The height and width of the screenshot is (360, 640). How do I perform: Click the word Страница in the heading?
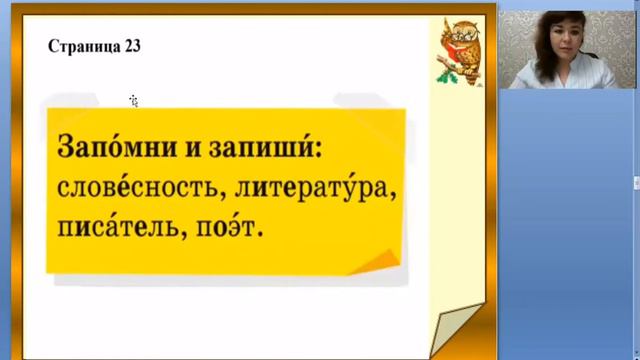coord(84,47)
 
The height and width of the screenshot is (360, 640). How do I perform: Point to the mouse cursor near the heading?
coord(133,100)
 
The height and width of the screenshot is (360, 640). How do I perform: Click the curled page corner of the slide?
coord(455,325)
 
